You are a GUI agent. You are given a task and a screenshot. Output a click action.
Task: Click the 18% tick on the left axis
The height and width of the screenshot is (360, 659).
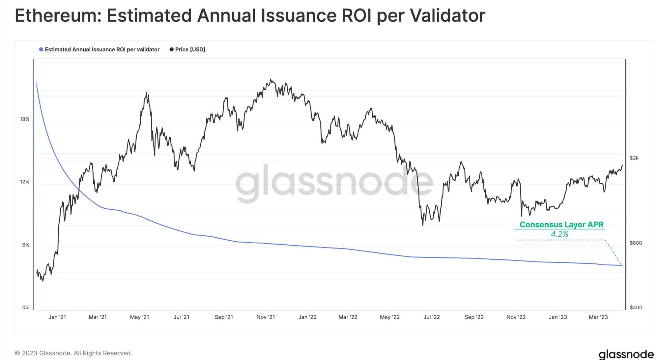point(24,119)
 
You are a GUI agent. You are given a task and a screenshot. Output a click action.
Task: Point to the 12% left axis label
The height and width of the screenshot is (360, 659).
point(24,182)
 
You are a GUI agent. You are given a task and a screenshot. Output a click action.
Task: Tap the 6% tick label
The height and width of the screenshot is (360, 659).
point(26,245)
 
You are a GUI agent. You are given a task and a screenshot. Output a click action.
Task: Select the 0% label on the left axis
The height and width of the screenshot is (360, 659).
point(26,308)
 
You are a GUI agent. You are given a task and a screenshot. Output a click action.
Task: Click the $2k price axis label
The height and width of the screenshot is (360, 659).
point(634,158)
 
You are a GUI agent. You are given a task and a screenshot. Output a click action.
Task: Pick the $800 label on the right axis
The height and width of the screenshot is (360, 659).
point(636,243)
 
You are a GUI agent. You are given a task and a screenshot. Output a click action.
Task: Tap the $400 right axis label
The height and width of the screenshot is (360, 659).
point(636,308)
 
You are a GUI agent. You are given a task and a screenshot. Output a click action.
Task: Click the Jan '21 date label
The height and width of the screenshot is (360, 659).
point(57,317)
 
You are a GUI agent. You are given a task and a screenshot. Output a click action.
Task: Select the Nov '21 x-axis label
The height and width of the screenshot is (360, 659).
point(266,317)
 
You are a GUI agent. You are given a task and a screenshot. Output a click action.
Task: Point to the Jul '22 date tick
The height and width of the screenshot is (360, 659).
point(431,317)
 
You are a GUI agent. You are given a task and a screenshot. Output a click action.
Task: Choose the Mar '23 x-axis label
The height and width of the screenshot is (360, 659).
point(598,317)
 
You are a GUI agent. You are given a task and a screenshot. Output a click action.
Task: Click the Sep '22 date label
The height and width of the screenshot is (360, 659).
point(474,317)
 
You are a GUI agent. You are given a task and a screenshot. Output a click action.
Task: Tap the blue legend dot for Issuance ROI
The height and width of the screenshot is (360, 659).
point(41,49)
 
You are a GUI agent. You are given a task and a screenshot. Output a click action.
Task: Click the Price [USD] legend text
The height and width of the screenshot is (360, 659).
point(190,49)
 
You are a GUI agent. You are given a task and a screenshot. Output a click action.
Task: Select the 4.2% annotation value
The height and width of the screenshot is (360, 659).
point(559,234)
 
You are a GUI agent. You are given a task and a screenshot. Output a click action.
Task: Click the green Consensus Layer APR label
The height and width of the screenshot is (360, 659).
point(561,225)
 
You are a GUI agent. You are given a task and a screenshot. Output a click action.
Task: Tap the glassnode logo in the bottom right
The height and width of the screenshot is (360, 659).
point(626,354)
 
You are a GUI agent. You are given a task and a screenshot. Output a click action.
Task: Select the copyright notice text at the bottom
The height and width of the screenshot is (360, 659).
point(73,353)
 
